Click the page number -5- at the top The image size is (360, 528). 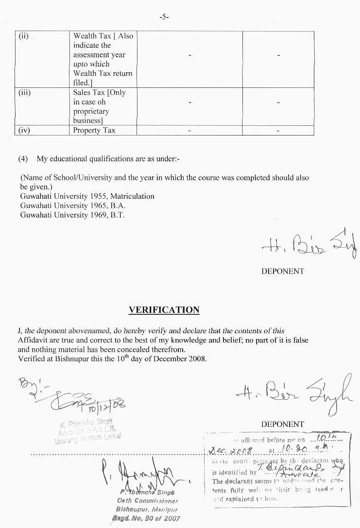click(164, 17)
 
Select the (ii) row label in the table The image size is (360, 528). click(24, 36)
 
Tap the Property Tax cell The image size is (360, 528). click(94, 130)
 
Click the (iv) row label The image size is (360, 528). click(25, 130)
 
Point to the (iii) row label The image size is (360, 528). click(25, 93)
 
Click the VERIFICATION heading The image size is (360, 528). click(164, 310)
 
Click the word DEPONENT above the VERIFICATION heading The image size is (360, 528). click(282, 271)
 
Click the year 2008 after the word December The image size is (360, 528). click(197, 359)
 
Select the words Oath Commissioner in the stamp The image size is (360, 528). click(147, 500)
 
